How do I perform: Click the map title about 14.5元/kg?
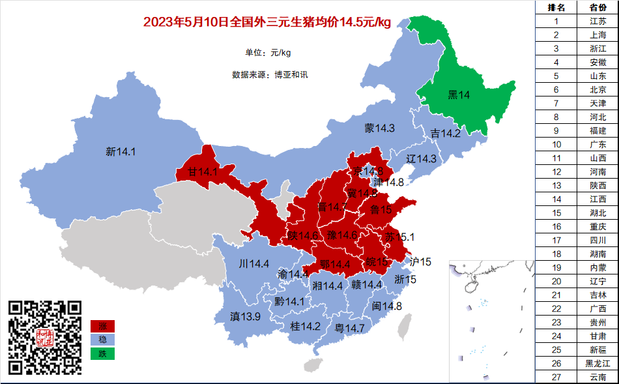[x=266, y=23]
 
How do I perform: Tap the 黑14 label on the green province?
[x=459, y=95]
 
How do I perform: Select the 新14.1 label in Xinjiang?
[x=121, y=152]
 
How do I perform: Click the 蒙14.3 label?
[x=379, y=128]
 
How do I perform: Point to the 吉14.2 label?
[x=445, y=134]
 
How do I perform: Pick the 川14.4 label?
[x=254, y=264]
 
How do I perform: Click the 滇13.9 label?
[x=245, y=317]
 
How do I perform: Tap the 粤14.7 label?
[x=349, y=328]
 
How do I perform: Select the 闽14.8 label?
[x=386, y=306]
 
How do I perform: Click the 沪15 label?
[x=420, y=262]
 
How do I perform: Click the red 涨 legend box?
[x=102, y=326]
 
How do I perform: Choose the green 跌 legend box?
[x=102, y=354]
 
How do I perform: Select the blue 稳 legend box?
[x=102, y=340]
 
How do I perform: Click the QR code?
[x=45, y=337]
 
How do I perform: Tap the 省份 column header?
[x=597, y=7]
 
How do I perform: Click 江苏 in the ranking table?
[x=597, y=21]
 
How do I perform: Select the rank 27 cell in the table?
[x=556, y=377]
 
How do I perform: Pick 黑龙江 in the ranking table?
[x=597, y=363]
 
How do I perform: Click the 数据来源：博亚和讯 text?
[x=270, y=74]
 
